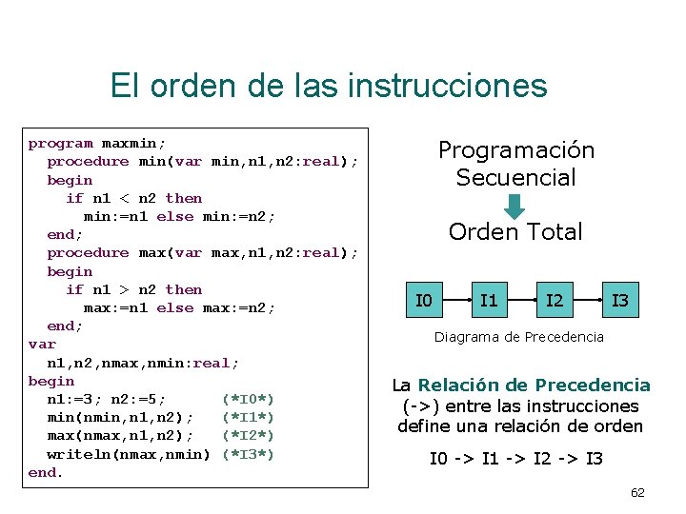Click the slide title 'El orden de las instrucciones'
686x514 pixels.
coord(329,86)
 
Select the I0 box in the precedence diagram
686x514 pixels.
coord(424,302)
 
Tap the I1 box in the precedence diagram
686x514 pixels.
coord(489,302)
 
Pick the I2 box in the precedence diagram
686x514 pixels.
coord(554,302)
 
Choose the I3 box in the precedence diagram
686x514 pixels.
coord(619,302)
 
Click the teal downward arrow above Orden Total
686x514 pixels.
coord(514,206)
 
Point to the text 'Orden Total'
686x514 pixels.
coord(515,232)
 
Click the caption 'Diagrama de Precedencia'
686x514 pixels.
coord(519,336)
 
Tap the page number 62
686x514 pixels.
coord(637,492)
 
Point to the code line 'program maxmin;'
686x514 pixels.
coord(97,144)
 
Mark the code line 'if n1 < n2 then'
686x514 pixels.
coord(134,198)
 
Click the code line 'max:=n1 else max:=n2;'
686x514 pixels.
coord(180,307)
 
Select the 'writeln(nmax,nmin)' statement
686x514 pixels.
coord(129,454)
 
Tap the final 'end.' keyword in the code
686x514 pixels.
coord(46,472)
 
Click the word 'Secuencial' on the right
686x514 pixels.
coord(515,177)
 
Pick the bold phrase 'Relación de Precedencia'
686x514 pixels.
coord(535,385)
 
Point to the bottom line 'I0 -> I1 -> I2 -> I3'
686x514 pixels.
coord(515,460)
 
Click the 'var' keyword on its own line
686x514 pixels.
coord(42,345)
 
